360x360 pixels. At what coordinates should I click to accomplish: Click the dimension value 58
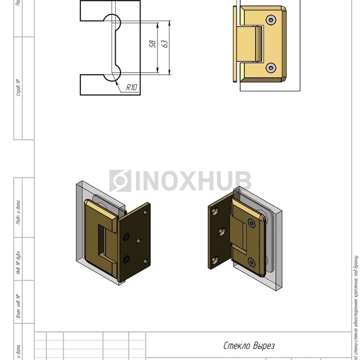(152, 45)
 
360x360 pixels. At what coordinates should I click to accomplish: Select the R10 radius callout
(132, 88)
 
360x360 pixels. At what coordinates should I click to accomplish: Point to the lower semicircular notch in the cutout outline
(112, 73)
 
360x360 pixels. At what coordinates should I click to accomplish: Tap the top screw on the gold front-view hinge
(271, 20)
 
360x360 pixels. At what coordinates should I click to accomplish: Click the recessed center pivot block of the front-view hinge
(254, 44)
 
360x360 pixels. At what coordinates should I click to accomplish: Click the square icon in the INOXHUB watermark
(120, 181)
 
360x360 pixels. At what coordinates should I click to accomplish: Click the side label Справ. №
(19, 88)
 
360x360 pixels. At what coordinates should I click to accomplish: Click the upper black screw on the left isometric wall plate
(126, 237)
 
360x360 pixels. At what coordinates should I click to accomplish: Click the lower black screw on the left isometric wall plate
(126, 259)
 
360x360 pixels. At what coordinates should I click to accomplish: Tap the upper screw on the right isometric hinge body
(251, 223)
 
